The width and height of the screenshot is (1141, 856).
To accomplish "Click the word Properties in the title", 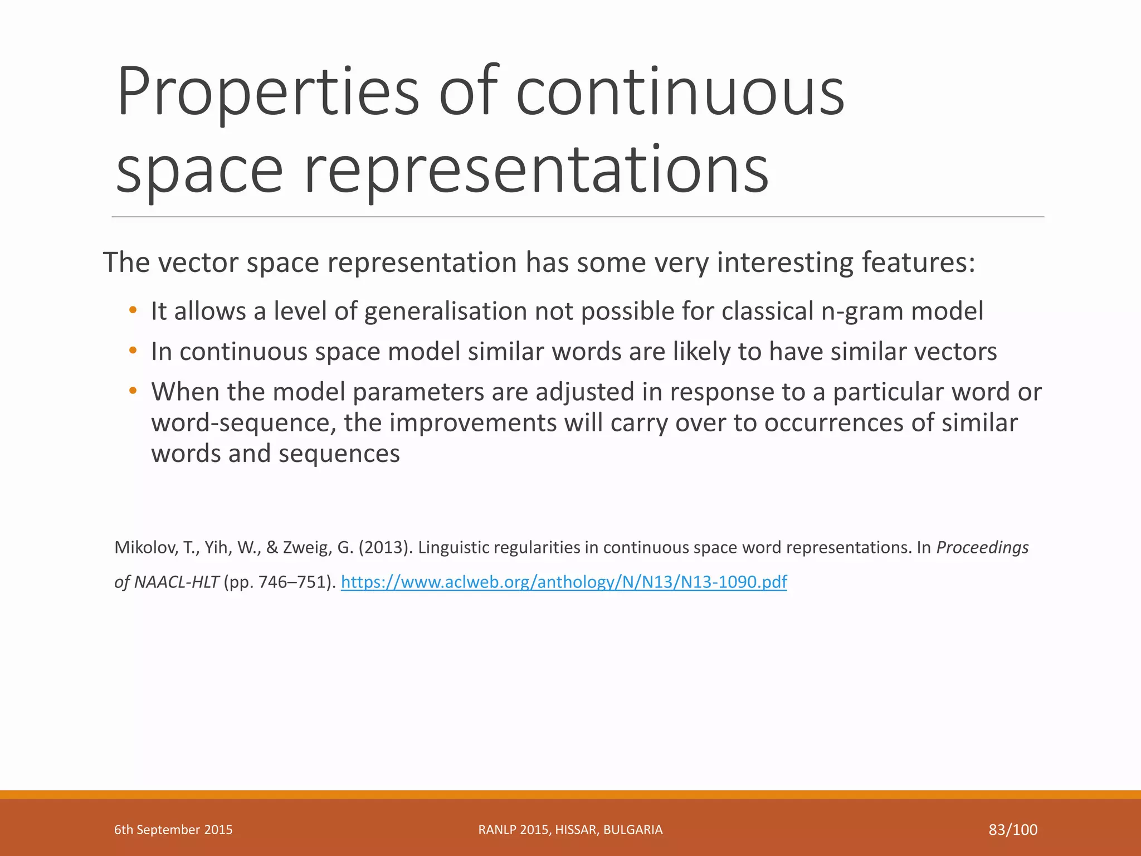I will coord(267,92).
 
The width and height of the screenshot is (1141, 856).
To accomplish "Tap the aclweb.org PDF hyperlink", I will coord(563,582).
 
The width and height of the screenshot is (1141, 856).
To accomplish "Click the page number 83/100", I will coord(1013,830).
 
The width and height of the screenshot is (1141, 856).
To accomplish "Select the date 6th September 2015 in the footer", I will coord(173,830).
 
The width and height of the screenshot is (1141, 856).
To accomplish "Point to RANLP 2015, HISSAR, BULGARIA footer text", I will coord(570,830).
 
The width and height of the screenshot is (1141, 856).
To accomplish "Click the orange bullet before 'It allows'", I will coord(132,310).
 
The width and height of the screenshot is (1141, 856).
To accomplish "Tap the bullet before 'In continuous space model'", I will coord(132,351).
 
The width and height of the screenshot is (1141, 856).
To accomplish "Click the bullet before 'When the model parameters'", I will coord(132,391).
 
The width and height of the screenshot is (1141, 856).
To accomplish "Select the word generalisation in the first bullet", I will coord(445,312).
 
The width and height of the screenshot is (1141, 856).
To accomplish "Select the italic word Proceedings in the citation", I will coord(982,548).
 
